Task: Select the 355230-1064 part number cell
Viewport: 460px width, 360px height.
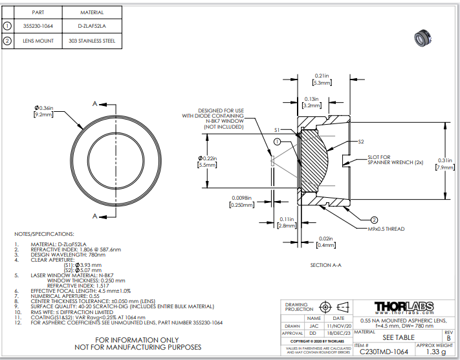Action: tap(38, 26)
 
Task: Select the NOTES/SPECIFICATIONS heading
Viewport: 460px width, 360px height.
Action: tap(45, 234)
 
